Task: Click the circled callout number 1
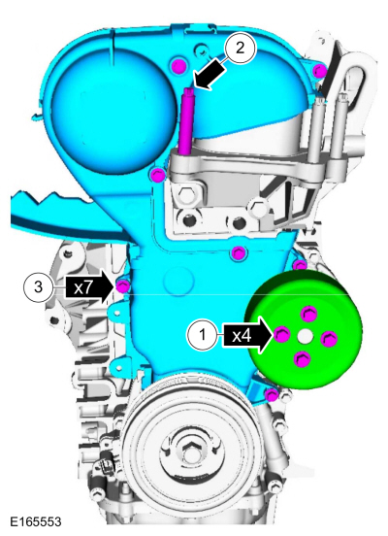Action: pyautogui.click(x=202, y=335)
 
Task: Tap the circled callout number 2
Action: pyautogui.click(x=241, y=49)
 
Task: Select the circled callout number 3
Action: pyautogui.click(x=38, y=286)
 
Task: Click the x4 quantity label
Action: pyautogui.click(x=242, y=336)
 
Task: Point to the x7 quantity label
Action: pyautogui.click(x=83, y=287)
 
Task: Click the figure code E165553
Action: pyautogui.click(x=36, y=522)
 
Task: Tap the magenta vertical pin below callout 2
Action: pyautogui.click(x=186, y=120)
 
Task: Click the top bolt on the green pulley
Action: pyautogui.click(x=308, y=313)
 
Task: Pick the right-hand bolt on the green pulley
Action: pyautogui.click(x=330, y=339)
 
